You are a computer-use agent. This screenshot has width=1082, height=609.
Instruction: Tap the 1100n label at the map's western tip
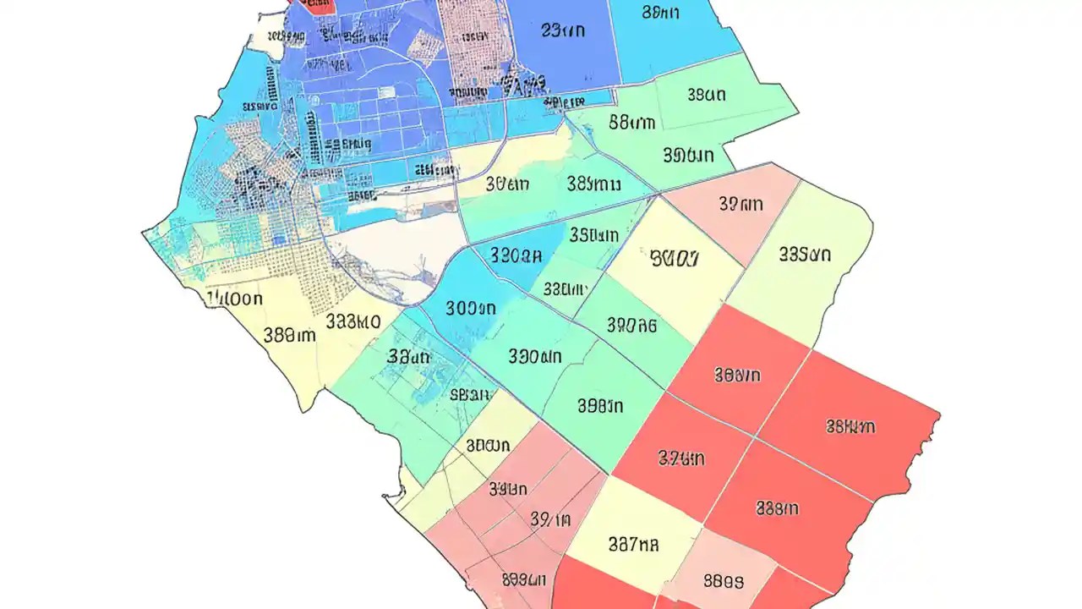(235, 299)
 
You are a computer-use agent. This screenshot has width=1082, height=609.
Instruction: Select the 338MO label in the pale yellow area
(352, 321)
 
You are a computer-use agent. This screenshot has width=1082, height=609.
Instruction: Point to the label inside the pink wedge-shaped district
(740, 204)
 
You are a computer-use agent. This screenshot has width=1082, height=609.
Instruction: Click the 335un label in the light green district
(805, 254)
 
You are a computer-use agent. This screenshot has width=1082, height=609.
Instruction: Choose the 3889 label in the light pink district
(724, 582)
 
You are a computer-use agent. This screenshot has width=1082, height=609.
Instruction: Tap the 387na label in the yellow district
(633, 544)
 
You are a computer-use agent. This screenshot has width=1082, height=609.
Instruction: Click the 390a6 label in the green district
(632, 324)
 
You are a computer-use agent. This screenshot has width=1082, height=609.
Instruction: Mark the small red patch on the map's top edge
(314, 6)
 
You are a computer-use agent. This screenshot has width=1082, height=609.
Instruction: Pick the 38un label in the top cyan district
(661, 12)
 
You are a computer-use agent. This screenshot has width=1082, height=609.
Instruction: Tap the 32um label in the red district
(681, 459)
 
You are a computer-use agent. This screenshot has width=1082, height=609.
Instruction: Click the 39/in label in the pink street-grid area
(550, 519)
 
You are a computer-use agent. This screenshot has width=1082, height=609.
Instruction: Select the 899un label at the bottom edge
(524, 580)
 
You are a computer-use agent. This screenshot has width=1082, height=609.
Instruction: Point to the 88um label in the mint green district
(631, 122)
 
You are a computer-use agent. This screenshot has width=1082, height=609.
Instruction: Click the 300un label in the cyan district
(470, 310)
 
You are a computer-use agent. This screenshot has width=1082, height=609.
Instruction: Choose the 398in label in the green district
(600, 406)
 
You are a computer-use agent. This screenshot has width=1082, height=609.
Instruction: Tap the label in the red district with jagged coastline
(850, 427)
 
